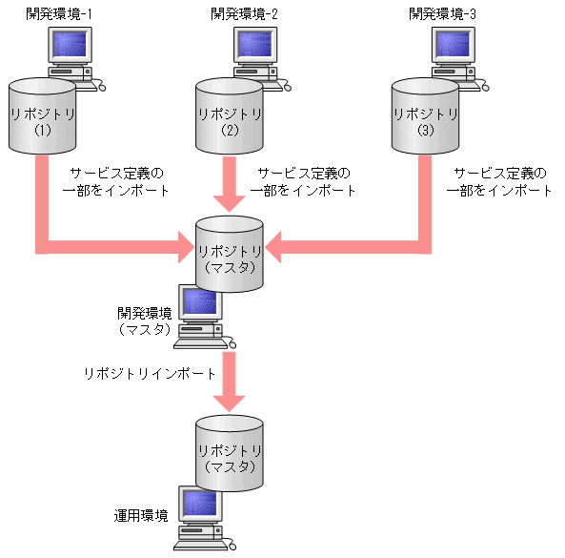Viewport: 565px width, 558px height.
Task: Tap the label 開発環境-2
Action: [246, 13]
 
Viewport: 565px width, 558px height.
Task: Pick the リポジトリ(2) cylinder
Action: [229, 118]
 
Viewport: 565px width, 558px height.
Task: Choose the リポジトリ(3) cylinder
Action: [425, 118]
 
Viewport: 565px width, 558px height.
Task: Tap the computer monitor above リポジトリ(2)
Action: [257, 47]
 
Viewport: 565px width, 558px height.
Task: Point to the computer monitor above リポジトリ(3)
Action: [454, 47]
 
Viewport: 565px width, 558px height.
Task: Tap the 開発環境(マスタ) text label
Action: [145, 320]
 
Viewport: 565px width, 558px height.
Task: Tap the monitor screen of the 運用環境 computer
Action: [201, 505]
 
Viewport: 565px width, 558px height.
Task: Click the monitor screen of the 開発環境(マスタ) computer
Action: [201, 304]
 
